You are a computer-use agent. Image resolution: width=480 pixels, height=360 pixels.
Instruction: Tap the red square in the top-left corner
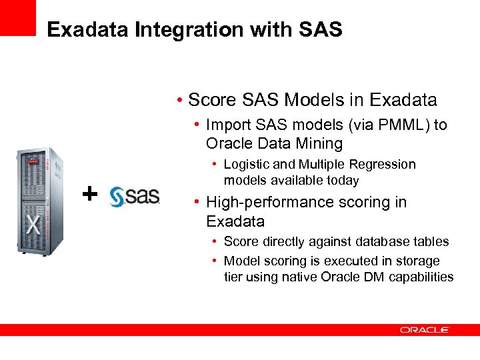click(x=17, y=17)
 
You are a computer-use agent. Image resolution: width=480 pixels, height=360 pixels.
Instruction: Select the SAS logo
click(x=135, y=195)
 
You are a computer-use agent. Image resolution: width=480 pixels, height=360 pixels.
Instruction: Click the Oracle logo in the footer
click(x=425, y=329)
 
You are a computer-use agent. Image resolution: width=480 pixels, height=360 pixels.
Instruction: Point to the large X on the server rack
click(x=34, y=224)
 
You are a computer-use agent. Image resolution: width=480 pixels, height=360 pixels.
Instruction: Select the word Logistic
click(x=249, y=164)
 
